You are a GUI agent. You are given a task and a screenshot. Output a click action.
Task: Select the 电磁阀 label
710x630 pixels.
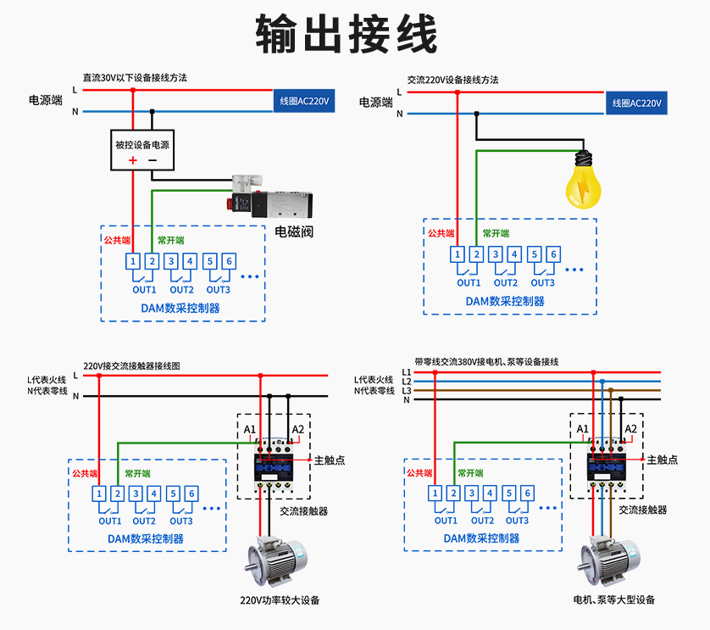[294, 231]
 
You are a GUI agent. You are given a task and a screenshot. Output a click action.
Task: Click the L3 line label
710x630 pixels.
[407, 390]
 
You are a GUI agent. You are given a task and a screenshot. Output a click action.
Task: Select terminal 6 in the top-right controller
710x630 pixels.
[552, 254]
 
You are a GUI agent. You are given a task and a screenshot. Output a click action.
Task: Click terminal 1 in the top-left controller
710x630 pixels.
[134, 261]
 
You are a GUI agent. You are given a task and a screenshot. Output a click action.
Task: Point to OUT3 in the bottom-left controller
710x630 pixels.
[181, 521]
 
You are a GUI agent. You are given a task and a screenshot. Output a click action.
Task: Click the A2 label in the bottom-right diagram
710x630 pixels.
[630, 429]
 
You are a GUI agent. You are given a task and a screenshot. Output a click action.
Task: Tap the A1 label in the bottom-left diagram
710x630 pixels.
[250, 430]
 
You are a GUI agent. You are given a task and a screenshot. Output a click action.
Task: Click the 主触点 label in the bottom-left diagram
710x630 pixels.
[330, 460]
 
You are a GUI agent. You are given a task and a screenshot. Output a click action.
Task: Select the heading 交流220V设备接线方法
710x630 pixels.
[452, 79]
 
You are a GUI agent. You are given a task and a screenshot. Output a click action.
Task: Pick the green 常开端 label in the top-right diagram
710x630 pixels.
[496, 233]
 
